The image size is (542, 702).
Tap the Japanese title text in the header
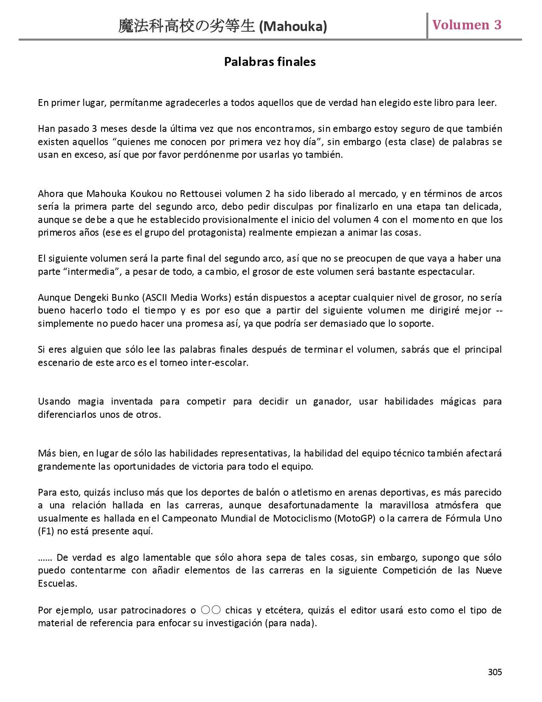[x=187, y=26]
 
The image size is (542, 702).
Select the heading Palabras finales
[x=270, y=62]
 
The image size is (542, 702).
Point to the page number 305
[x=495, y=672]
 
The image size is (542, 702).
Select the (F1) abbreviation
[x=46, y=531]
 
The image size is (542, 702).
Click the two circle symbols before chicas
[x=210, y=610]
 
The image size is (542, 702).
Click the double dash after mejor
[x=499, y=311]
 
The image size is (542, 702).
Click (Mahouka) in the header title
[x=293, y=27]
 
